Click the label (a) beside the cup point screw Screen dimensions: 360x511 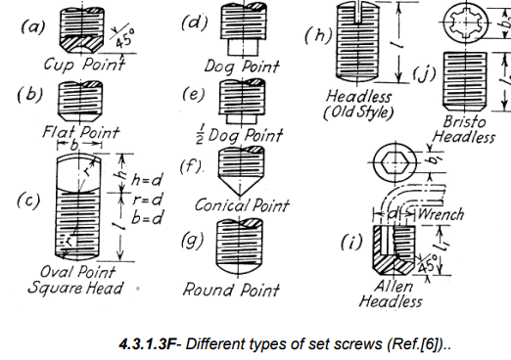pos(32,26)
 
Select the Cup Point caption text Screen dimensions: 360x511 pos(84,65)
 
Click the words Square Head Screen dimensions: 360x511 pos(75,288)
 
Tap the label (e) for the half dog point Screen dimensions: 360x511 pos(194,94)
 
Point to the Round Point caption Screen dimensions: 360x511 pos(231,290)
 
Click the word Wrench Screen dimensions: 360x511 pos(440,213)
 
